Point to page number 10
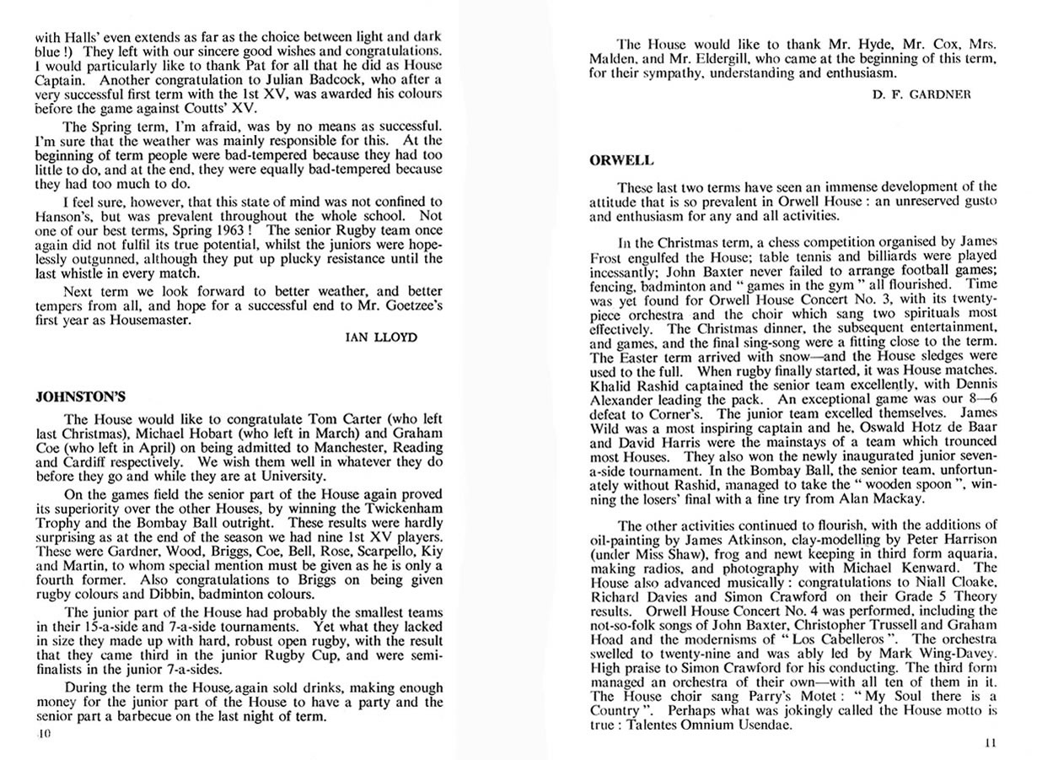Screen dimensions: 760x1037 (44, 733)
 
